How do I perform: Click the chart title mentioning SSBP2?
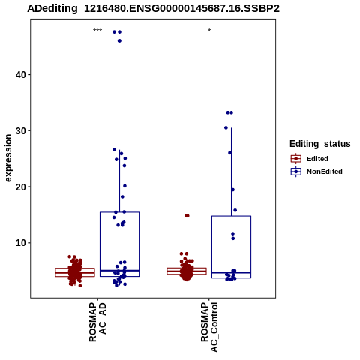point(153,9)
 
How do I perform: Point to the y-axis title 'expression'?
point(8,158)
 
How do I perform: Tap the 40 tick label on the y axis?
point(21,74)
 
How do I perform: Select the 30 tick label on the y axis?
point(21,130)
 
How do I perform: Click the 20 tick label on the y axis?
point(21,187)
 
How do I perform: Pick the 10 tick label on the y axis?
point(21,243)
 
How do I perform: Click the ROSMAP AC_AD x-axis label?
point(97,322)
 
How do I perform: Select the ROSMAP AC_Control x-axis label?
point(209,327)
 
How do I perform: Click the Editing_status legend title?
point(320,144)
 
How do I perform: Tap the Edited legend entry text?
point(317,159)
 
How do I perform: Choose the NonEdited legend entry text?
point(325,172)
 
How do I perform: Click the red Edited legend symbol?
point(296,159)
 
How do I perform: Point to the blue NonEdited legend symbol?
point(296,172)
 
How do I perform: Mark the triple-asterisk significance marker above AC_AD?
point(97,31)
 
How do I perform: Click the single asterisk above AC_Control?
point(209,31)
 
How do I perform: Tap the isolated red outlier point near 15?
point(187,216)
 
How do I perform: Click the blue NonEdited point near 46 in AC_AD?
point(119,41)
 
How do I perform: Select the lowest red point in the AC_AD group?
point(80,286)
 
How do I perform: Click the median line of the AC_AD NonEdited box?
point(119,271)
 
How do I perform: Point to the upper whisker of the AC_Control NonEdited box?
point(231,172)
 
